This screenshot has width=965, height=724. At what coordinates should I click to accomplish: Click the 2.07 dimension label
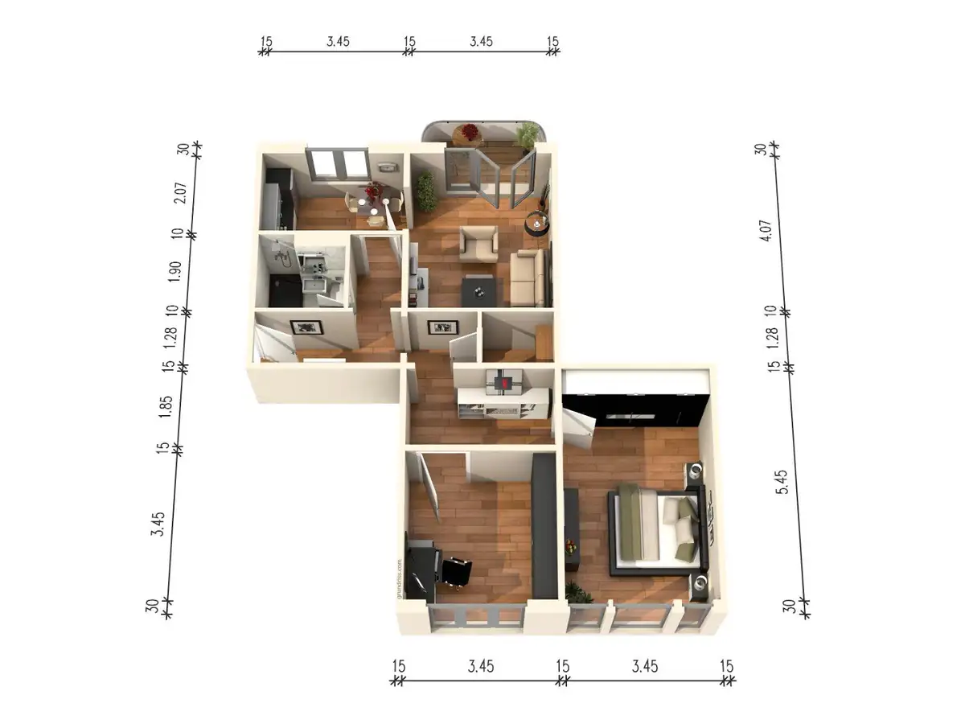pos(180,192)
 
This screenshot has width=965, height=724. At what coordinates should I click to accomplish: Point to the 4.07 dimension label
pos(766,230)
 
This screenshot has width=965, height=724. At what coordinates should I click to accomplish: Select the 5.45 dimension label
pos(782,482)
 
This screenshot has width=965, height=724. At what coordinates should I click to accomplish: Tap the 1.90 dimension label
pos(175,272)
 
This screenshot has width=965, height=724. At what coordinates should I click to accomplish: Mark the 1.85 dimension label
pos(166,406)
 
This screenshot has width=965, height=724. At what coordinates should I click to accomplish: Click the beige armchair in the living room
pos(478,244)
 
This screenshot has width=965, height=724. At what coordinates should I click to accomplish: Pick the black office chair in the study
pos(455,572)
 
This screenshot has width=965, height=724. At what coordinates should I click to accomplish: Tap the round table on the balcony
pos(468,135)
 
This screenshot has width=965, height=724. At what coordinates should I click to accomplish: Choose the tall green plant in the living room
pos(425,191)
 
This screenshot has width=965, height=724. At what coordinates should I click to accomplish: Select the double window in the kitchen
pos(338,164)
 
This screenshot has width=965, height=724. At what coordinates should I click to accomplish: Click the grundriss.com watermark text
pos(399,578)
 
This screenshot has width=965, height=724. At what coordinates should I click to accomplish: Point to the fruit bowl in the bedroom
pos(571,547)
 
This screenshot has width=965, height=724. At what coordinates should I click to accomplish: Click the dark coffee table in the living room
pos(478,291)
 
